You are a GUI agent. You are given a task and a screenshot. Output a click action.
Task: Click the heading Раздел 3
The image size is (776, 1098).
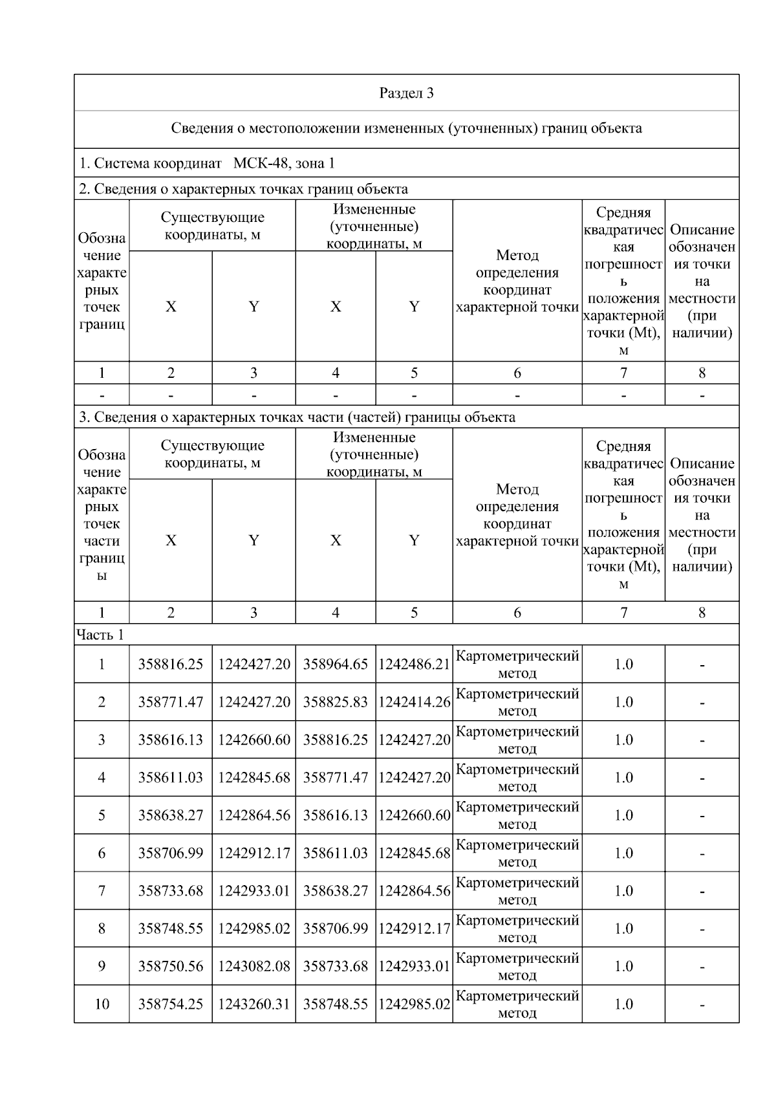tap(406, 93)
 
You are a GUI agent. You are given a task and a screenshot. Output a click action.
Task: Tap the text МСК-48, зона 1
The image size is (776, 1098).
tap(284, 163)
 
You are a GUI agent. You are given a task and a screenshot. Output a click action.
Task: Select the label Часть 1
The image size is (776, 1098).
tap(100, 635)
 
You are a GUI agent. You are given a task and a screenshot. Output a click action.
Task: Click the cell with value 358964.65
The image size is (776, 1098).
tap(335, 664)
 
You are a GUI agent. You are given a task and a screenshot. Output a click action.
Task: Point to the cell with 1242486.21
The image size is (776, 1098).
tap(414, 664)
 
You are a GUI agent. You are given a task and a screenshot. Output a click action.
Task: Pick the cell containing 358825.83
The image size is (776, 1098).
tap(335, 702)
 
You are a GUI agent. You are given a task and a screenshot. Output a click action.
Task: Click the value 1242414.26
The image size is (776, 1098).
tap(414, 702)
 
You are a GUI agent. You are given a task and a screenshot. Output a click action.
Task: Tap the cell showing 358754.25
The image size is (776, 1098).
tap(170, 1004)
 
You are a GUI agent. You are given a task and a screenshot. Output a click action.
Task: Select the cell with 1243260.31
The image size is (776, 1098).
tap(253, 1004)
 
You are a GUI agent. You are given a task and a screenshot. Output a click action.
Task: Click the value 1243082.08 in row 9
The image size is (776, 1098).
tap(253, 967)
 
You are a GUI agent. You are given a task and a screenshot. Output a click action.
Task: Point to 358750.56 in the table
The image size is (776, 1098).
tap(170, 967)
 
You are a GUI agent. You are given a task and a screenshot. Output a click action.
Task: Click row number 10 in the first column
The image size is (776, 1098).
tap(102, 1004)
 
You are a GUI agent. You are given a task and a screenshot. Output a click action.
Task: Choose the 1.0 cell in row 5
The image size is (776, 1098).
tap(623, 815)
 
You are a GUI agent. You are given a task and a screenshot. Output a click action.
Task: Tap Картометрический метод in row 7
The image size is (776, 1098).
tap(517, 891)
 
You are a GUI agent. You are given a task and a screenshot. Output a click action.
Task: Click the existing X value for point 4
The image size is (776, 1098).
tap(170, 778)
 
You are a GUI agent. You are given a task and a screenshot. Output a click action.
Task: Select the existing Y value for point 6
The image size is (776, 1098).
tap(253, 853)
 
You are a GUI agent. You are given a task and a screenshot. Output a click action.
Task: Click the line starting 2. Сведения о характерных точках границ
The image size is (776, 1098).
tap(243, 189)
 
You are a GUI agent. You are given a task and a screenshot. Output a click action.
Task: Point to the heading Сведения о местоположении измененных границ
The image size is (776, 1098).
tap(406, 128)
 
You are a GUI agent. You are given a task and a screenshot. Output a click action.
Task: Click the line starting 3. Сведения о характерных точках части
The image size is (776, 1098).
tap(297, 417)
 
